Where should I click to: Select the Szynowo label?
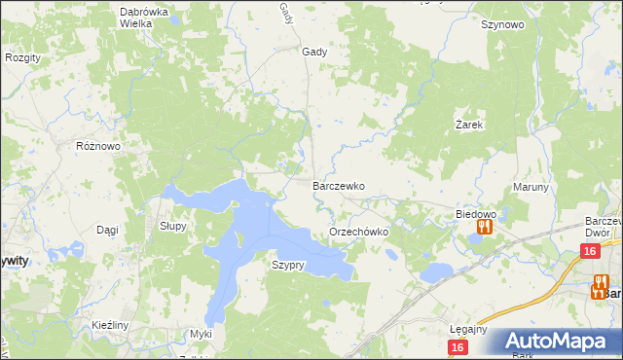tap(502, 25)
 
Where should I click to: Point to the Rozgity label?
tap(22, 57)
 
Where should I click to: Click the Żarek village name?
tap(470, 126)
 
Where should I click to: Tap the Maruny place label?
tap(531, 187)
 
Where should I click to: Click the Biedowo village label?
tap(476, 213)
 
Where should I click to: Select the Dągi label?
tap(107, 230)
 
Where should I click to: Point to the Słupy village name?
tap(172, 225)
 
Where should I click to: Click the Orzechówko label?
tap(359, 233)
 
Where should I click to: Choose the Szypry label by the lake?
tap(289, 265)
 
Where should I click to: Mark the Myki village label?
tap(201, 334)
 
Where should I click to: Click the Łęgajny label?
tap(468, 329)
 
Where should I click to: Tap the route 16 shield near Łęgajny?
tap(458, 346)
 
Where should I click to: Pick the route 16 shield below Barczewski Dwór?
tap(589, 251)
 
